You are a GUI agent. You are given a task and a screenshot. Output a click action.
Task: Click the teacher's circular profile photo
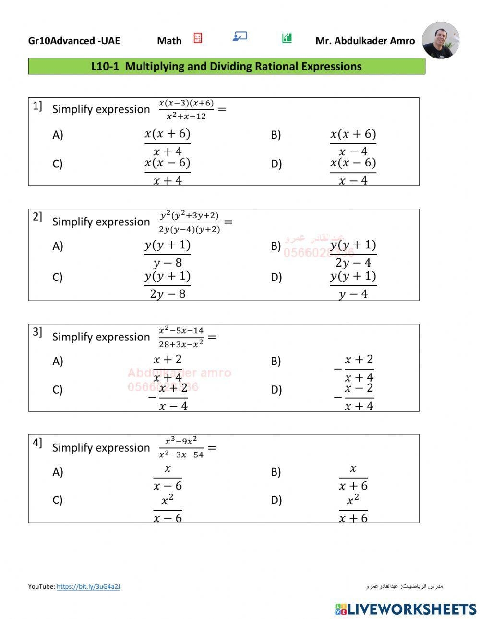click(x=441, y=40)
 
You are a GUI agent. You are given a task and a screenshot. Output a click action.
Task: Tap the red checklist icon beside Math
click(x=198, y=38)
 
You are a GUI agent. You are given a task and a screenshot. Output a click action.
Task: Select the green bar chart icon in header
click(x=287, y=38)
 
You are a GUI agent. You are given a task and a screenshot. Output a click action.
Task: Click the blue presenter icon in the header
click(x=240, y=36)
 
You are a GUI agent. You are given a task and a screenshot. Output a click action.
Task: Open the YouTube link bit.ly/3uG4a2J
click(x=88, y=586)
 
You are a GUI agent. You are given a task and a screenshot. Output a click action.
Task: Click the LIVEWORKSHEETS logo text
click(x=411, y=609)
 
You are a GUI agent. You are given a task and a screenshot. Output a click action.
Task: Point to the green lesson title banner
click(x=227, y=66)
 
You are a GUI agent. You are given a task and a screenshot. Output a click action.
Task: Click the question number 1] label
click(x=37, y=106)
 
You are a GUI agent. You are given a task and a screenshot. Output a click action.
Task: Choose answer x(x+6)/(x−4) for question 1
click(x=353, y=142)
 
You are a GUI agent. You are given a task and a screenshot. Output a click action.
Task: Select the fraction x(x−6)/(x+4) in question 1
click(x=168, y=171)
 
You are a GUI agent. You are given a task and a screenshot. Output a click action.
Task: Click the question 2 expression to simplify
click(x=189, y=222)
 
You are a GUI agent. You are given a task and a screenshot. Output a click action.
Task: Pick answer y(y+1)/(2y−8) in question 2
click(x=168, y=285)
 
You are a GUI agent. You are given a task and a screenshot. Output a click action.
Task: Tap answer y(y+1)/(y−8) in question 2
click(x=168, y=254)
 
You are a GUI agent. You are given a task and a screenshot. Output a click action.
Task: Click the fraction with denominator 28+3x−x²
click(x=181, y=337)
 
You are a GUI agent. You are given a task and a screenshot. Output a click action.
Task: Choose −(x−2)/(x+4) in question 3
click(x=354, y=397)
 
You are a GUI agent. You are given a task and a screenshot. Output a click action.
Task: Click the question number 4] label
click(x=37, y=443)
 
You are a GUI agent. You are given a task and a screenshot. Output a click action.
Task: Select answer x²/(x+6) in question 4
click(x=353, y=509)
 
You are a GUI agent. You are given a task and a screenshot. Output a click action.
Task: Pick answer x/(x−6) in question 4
click(x=168, y=477)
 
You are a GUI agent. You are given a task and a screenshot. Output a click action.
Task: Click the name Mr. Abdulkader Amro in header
click(x=365, y=41)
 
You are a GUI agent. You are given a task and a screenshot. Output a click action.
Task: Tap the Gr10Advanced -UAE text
click(x=74, y=41)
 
